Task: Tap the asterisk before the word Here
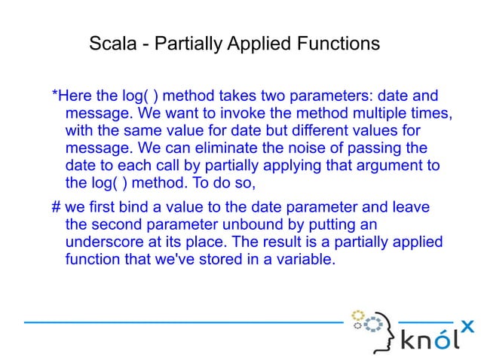[54, 97]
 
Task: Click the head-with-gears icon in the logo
[374, 328]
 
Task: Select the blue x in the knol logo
[467, 325]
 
